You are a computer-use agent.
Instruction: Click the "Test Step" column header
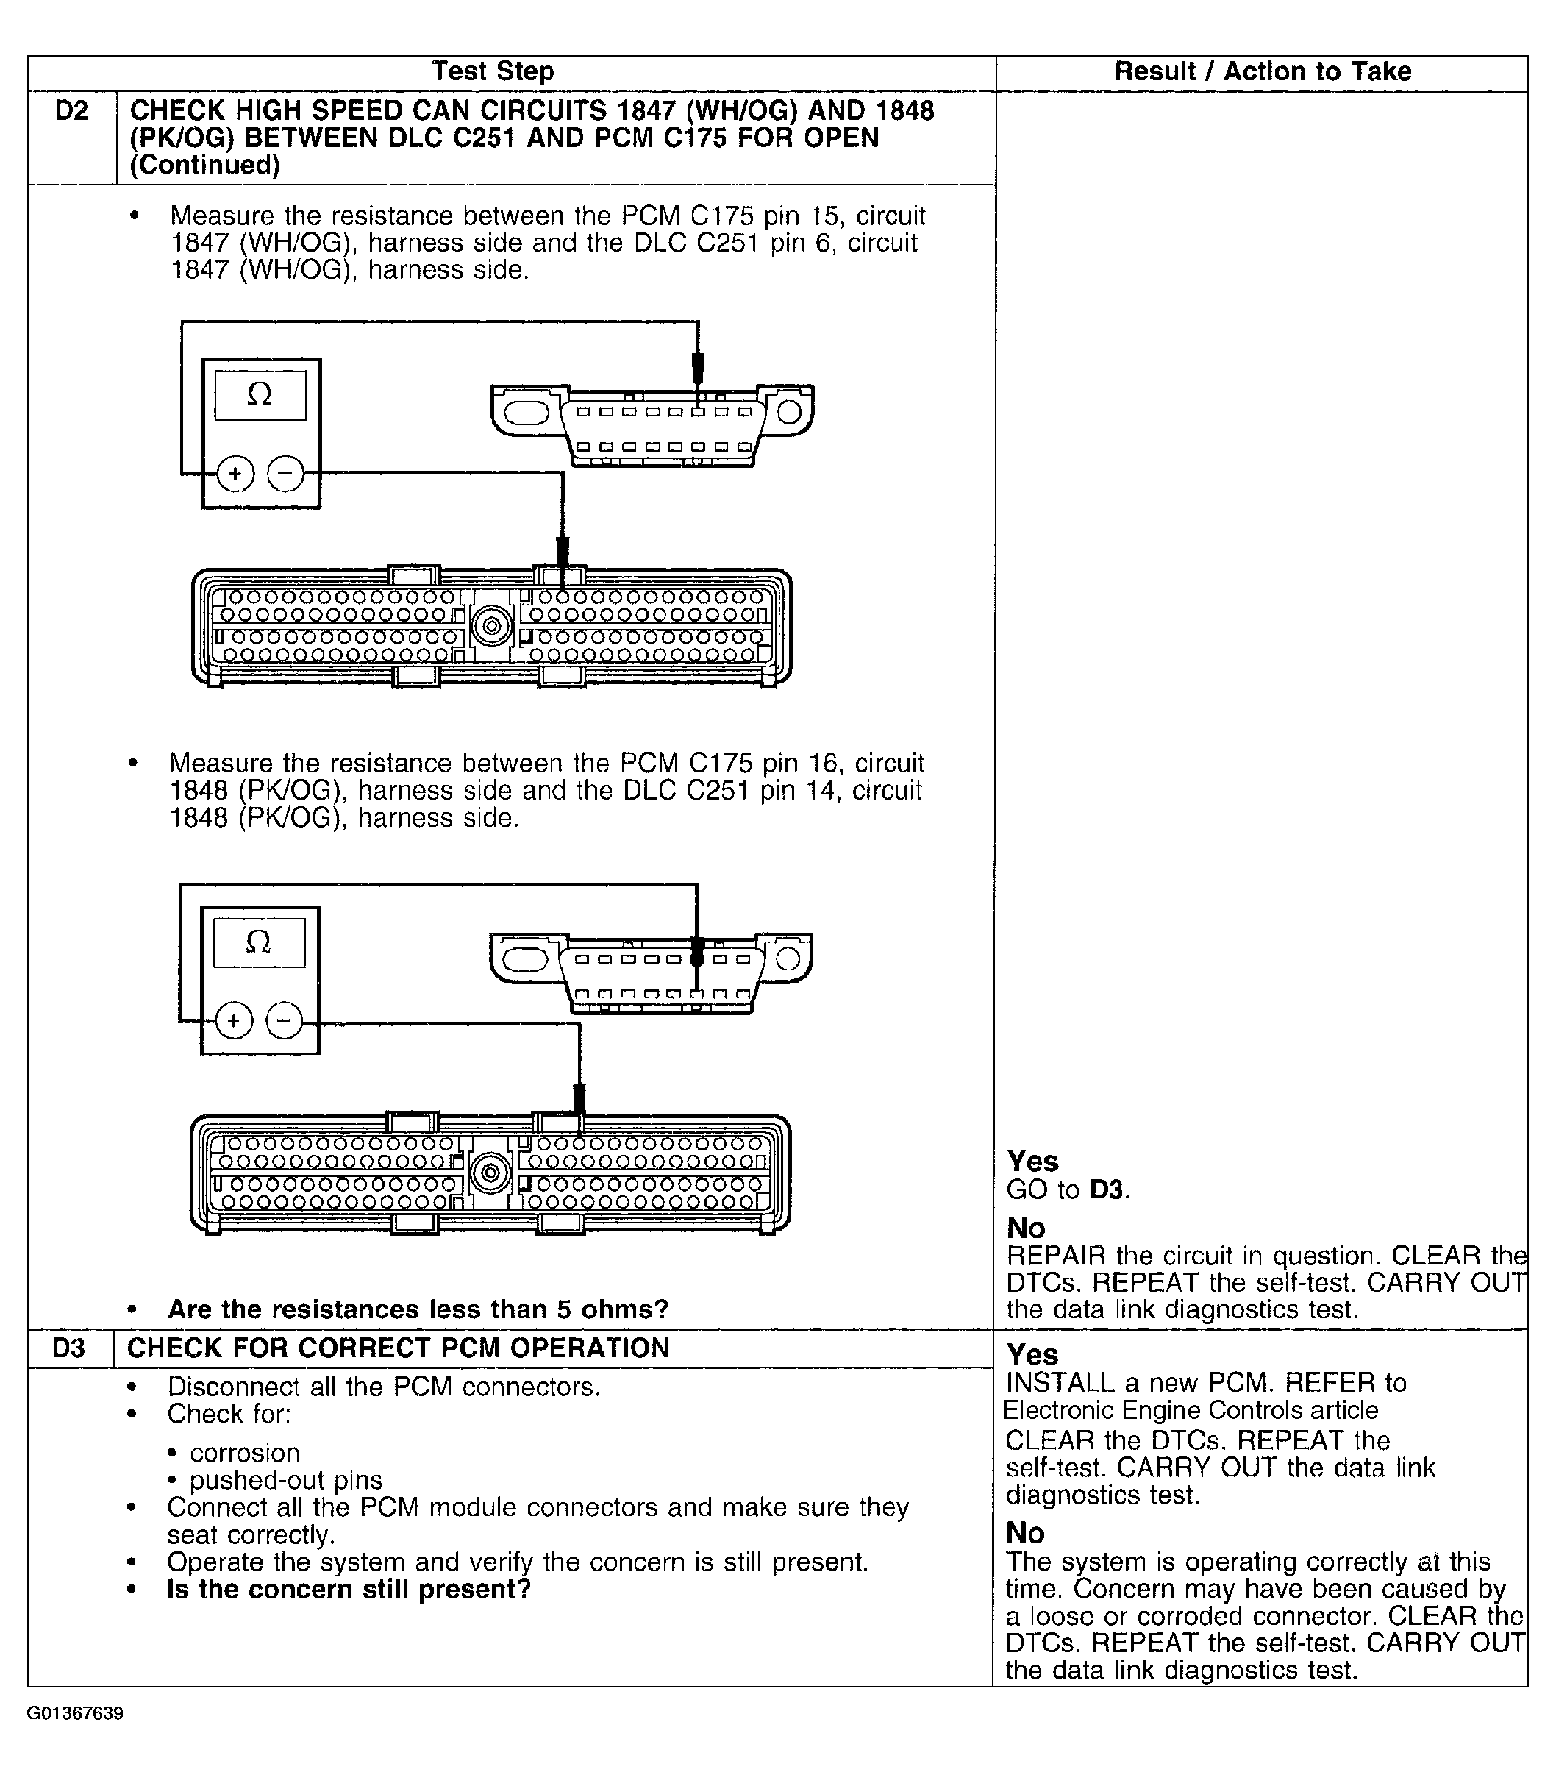[493, 71]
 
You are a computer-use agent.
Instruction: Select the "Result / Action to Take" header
[1262, 71]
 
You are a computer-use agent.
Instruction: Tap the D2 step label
[71, 111]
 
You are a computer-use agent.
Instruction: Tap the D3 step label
[68, 1348]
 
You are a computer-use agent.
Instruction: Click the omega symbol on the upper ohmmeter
[260, 396]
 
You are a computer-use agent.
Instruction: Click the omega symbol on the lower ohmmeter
[258, 942]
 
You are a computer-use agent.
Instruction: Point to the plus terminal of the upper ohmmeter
[235, 474]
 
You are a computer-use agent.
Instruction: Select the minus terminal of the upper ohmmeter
[285, 474]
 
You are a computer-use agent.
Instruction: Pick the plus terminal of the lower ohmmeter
[232, 1020]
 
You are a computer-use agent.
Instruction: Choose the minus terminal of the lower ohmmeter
[284, 1020]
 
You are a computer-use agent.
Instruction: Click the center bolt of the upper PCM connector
[491, 625]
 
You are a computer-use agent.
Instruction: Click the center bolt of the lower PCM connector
[490, 1173]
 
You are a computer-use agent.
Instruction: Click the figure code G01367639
[75, 1713]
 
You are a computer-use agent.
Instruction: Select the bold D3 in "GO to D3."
[1107, 1189]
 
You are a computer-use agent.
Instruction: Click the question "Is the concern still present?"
[349, 1589]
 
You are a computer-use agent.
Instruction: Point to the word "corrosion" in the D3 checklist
[245, 1453]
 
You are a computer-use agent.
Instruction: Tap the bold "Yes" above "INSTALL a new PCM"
[1032, 1355]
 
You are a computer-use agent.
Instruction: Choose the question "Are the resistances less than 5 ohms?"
[418, 1309]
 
